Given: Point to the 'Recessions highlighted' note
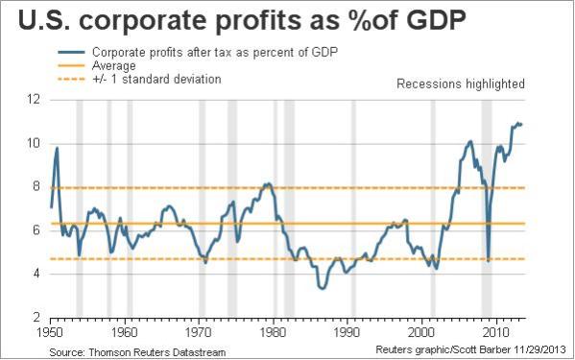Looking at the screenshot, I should click(461, 84).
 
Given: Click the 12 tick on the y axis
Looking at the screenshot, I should click(34, 100).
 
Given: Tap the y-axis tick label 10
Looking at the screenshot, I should click(34, 143).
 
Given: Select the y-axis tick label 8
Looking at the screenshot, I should click(36, 187).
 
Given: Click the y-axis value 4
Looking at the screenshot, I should click(36, 274).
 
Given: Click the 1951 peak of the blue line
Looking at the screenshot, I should click(57, 148).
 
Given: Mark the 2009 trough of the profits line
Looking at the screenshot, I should click(489, 260).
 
